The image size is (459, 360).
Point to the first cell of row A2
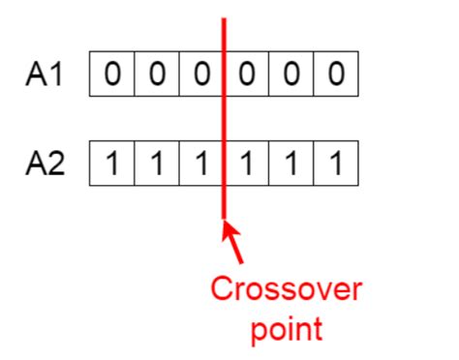112,165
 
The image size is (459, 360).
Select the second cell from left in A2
157,165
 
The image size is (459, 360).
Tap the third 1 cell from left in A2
201,165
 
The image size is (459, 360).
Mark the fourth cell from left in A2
246,165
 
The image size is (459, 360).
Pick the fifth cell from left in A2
291,165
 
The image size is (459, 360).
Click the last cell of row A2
335,165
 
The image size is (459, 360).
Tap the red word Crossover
286,289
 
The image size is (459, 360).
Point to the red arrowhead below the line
229,232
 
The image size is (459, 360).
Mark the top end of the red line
225,20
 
